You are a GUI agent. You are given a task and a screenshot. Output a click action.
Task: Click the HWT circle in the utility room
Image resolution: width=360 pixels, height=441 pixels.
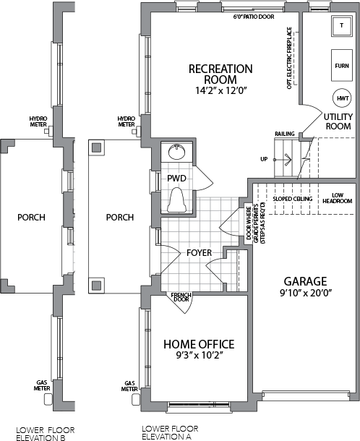(x=342, y=98)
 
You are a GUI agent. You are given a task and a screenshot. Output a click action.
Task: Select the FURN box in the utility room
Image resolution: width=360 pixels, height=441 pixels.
(x=342, y=66)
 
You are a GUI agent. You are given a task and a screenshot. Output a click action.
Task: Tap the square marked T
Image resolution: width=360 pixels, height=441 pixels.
(x=342, y=25)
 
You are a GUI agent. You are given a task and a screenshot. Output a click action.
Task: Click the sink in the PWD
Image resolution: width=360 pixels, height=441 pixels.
(x=176, y=152)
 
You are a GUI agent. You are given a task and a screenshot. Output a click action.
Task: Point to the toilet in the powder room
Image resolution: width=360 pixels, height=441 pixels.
(x=177, y=200)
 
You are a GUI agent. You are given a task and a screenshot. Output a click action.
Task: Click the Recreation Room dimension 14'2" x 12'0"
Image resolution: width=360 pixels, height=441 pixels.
(x=220, y=90)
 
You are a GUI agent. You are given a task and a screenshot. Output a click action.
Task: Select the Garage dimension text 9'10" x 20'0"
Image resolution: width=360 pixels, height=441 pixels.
(x=306, y=293)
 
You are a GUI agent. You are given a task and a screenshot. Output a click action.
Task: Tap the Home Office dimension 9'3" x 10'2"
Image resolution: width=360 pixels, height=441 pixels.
(x=200, y=356)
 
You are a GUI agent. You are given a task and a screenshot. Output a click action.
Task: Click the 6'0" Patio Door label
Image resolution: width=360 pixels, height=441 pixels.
(x=254, y=17)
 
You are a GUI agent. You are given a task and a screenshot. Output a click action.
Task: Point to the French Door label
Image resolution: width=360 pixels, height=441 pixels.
(x=181, y=297)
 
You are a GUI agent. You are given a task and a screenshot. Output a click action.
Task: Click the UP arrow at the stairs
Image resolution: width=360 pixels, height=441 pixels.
(x=283, y=160)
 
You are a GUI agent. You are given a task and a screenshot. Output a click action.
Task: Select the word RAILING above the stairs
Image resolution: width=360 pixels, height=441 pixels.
(x=285, y=134)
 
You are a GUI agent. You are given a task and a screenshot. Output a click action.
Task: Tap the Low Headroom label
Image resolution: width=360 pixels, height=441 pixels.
(x=337, y=198)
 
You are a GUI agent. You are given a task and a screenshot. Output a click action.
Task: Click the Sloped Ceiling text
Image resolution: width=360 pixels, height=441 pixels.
(x=293, y=199)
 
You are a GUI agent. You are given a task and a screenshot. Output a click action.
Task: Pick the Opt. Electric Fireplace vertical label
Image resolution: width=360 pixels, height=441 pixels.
(x=289, y=58)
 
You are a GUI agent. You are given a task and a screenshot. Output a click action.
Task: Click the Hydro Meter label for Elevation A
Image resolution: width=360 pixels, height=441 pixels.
(x=127, y=121)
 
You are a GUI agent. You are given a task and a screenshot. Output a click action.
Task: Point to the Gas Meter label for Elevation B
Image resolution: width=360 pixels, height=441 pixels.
(x=42, y=385)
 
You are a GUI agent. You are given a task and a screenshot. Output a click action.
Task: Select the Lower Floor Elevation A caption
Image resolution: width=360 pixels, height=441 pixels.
(x=170, y=432)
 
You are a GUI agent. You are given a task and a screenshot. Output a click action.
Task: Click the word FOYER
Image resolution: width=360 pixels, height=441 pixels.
(x=199, y=252)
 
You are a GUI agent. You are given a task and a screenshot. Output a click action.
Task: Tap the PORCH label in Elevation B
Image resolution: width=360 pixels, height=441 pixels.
(x=31, y=217)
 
